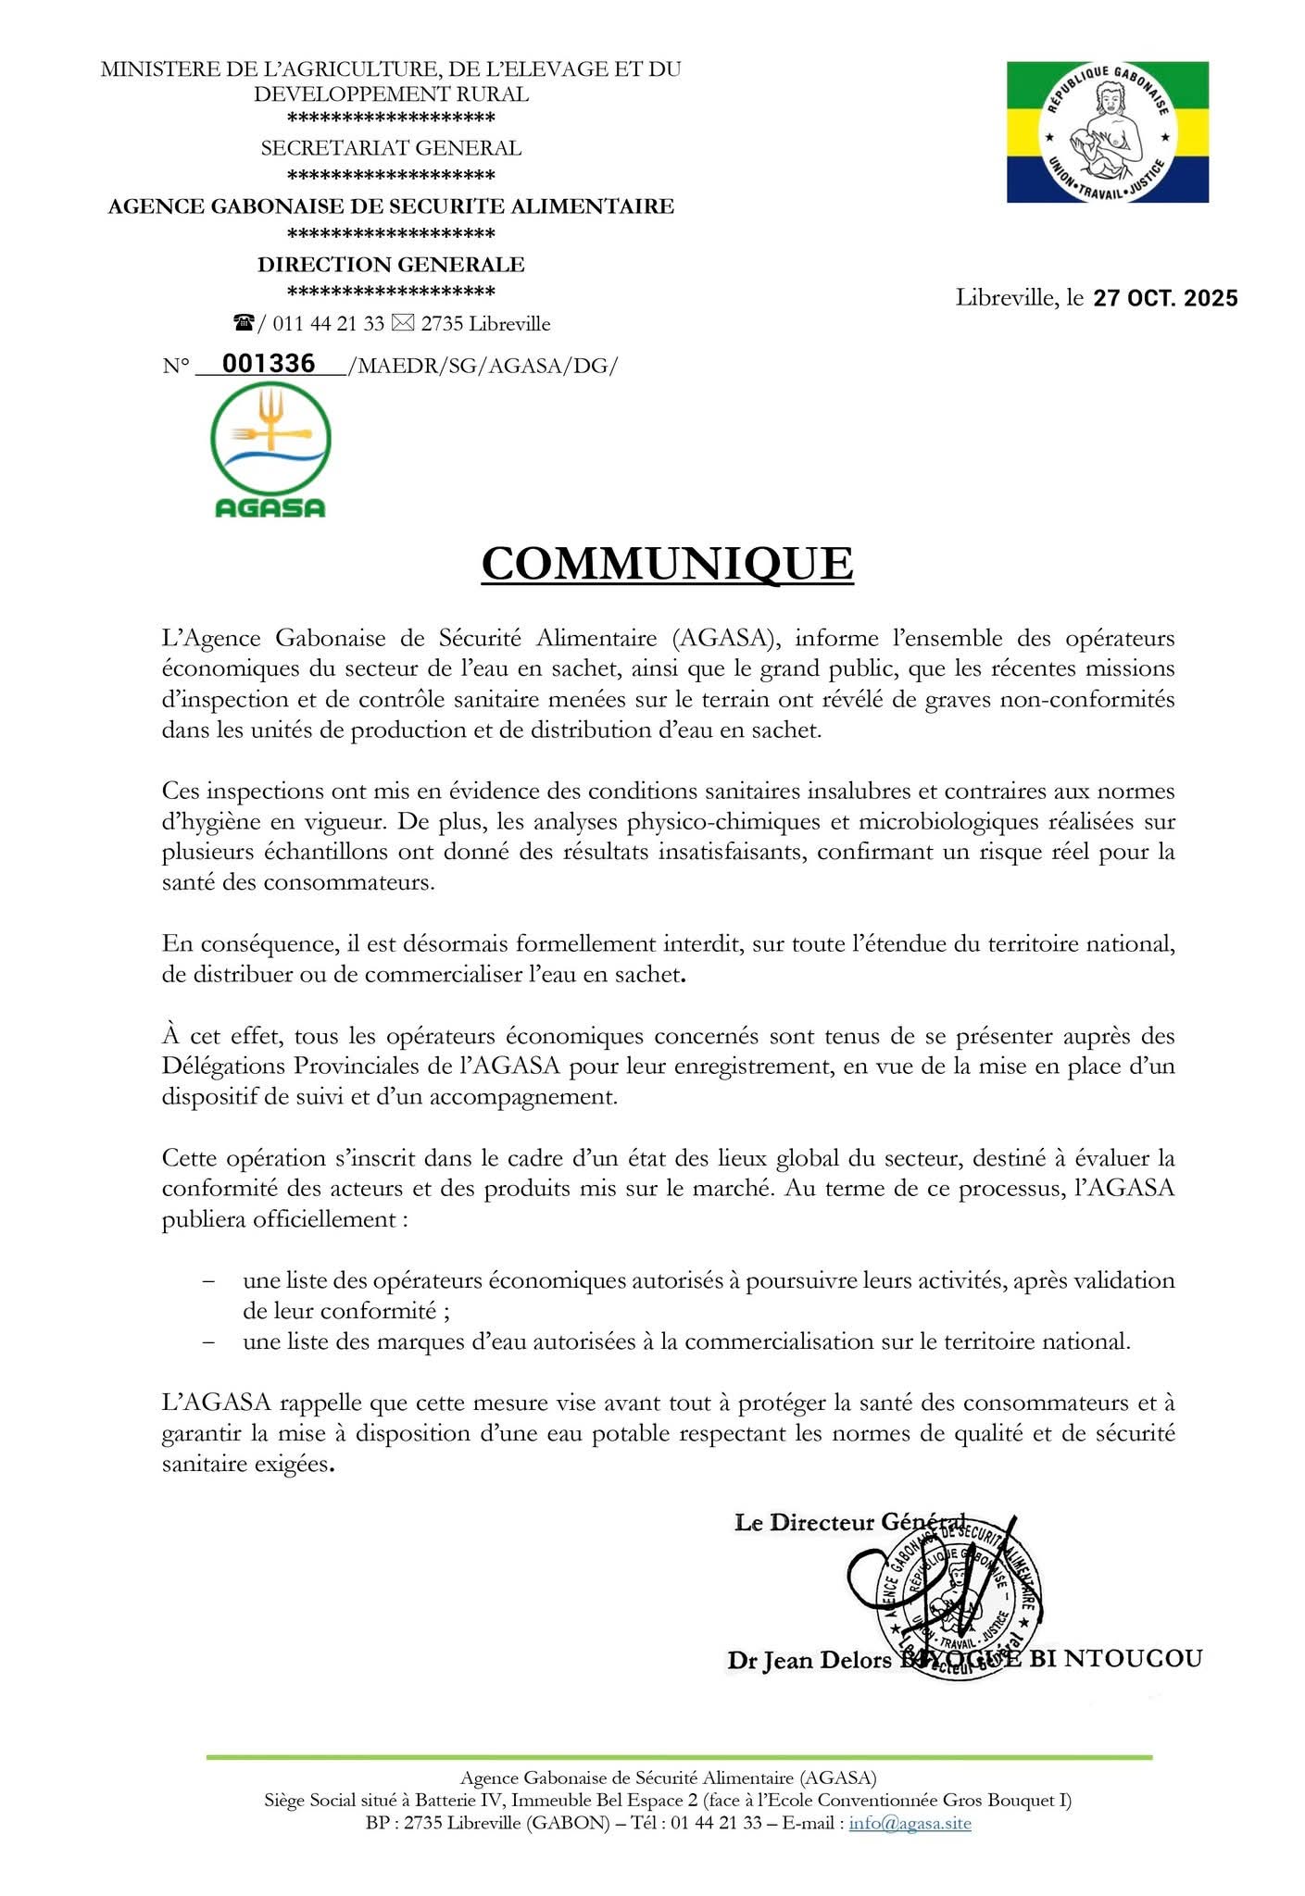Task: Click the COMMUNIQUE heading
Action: click(667, 564)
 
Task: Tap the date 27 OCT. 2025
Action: click(1165, 298)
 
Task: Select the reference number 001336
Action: click(269, 364)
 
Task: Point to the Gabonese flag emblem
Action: click(1108, 132)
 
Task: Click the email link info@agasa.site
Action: click(910, 1823)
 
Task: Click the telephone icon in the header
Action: click(244, 323)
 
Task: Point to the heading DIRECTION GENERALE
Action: click(391, 265)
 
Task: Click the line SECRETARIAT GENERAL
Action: click(391, 148)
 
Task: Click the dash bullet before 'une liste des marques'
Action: click(209, 1341)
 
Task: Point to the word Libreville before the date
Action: click(1007, 298)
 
